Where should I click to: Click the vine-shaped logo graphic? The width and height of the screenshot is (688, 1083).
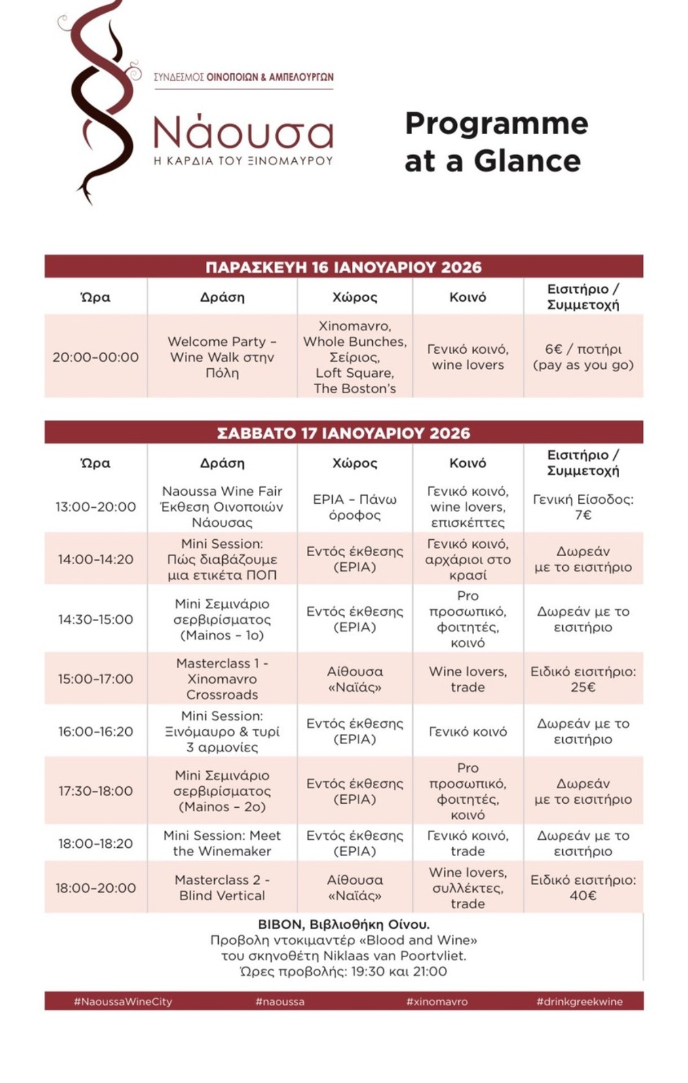(x=99, y=102)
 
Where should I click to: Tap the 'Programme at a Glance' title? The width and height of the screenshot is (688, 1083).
(x=496, y=142)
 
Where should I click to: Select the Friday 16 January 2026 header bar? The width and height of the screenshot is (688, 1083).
(x=343, y=267)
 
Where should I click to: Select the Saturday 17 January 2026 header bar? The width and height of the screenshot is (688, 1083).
(x=343, y=433)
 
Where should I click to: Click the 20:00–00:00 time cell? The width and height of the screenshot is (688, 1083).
(x=96, y=357)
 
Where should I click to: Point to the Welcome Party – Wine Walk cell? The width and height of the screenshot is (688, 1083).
(x=222, y=357)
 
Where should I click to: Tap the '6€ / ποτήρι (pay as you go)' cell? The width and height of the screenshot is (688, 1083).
(x=583, y=357)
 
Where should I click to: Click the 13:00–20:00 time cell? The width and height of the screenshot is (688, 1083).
(x=96, y=507)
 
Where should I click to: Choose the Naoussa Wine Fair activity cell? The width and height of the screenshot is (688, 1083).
(x=222, y=507)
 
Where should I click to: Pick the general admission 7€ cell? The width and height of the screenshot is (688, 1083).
(x=583, y=507)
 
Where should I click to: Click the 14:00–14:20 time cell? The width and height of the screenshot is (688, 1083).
(x=96, y=559)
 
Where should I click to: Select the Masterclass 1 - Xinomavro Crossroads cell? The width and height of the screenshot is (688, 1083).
(x=222, y=679)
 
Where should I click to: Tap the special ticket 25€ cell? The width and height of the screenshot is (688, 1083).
(x=583, y=679)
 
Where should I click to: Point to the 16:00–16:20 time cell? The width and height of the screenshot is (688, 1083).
(x=96, y=732)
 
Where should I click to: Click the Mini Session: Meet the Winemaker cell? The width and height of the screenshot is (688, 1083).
(x=222, y=843)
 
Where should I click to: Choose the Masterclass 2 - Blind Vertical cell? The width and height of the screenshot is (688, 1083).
(x=222, y=887)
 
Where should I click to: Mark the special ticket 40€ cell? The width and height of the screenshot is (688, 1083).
(x=583, y=887)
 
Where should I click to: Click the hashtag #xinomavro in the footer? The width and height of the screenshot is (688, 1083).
(x=437, y=1002)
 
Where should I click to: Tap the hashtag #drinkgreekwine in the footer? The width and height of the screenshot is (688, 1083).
(x=580, y=1002)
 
